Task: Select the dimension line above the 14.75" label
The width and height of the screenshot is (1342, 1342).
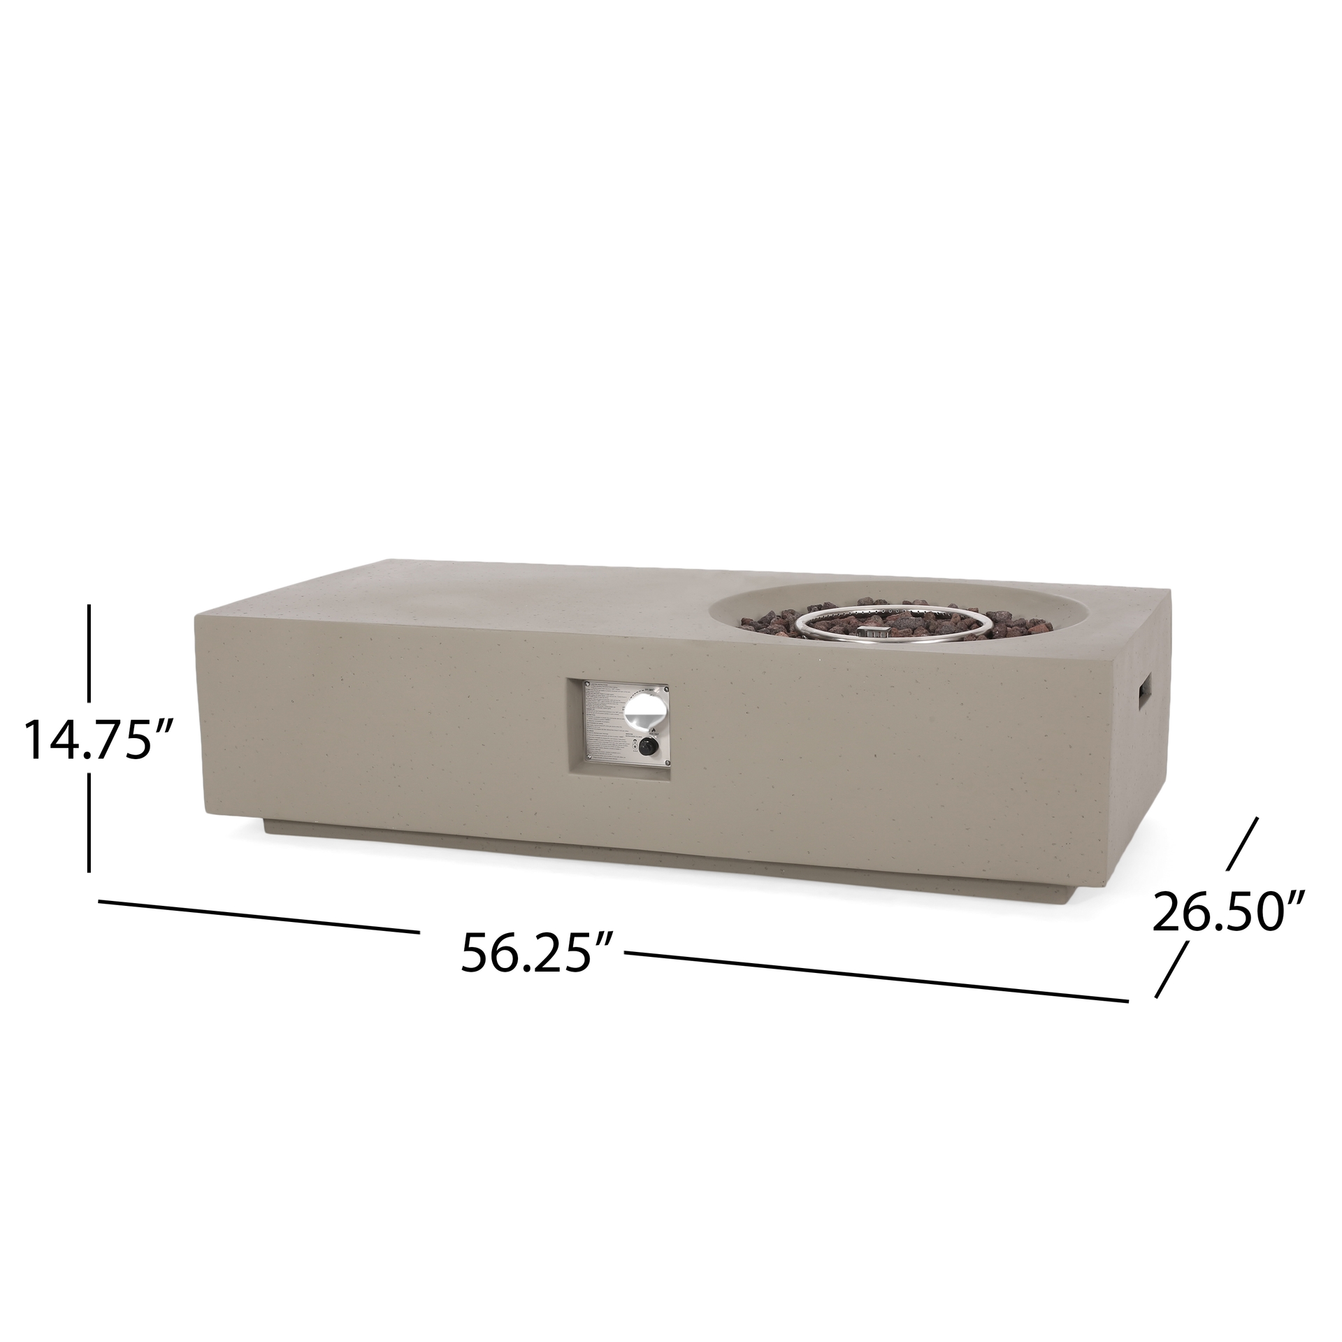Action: pyautogui.click(x=90, y=653)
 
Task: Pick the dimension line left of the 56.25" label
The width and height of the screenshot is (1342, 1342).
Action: pyautogui.click(x=259, y=916)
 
